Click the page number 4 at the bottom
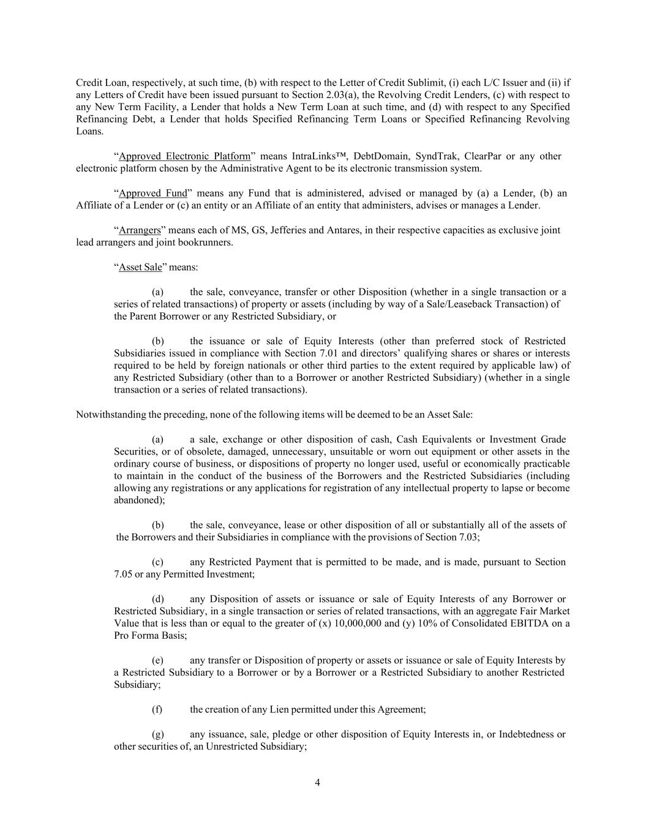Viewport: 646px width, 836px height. tap(317, 782)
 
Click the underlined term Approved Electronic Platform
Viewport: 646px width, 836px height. tap(184, 156)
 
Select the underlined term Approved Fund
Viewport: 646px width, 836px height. tap(152, 194)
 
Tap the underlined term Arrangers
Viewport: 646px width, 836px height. tap(140, 230)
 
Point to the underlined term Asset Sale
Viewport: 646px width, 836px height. tap(140, 267)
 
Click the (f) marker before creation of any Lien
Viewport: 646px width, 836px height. tap(157, 709)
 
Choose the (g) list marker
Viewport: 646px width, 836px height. tap(157, 734)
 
